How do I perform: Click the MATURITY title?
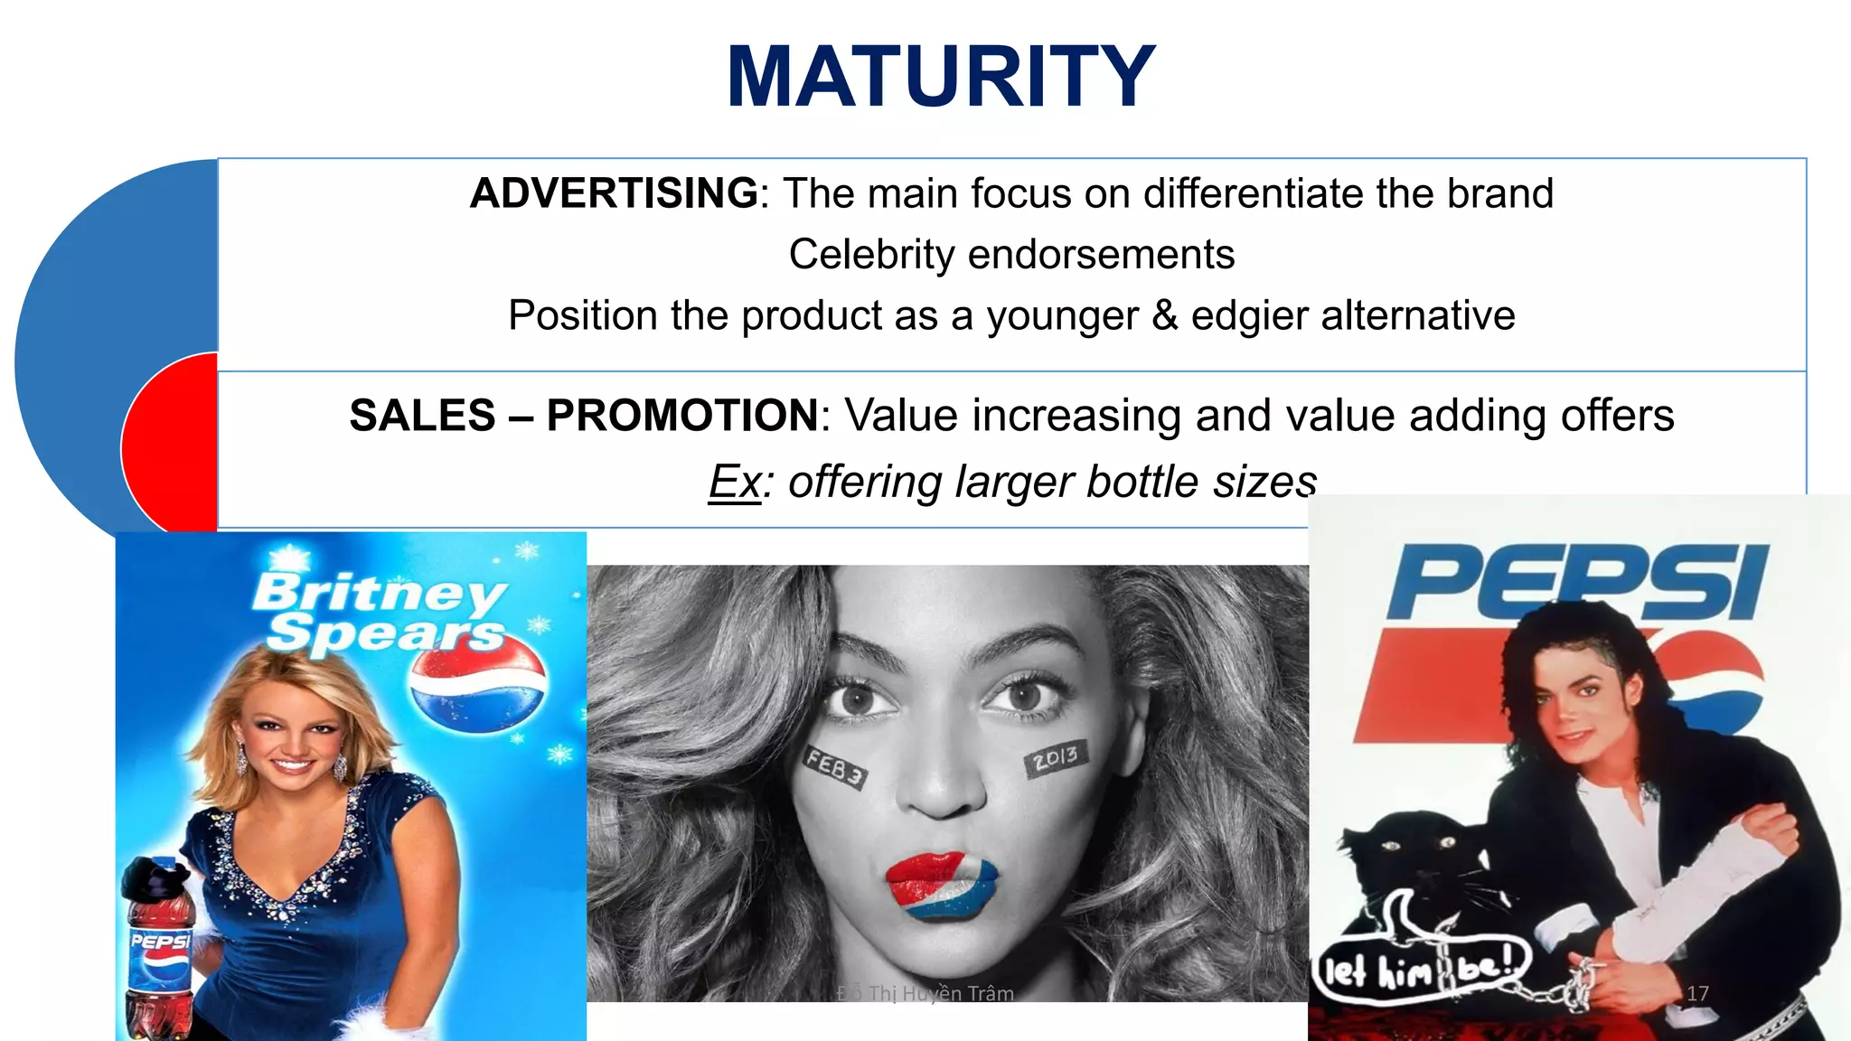(940, 78)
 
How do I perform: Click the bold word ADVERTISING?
(614, 193)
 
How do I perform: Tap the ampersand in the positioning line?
(1165, 315)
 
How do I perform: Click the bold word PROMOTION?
(682, 416)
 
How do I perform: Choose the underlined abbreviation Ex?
(734, 482)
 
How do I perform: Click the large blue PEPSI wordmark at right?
(1576, 582)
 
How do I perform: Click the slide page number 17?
(1697, 993)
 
